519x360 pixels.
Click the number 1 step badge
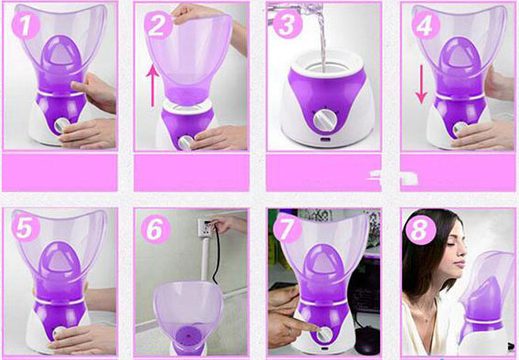(x=26, y=25)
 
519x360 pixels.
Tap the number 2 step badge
(x=159, y=25)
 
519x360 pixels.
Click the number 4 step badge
(x=426, y=25)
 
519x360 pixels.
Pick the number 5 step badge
(x=26, y=228)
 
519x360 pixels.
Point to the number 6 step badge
(x=156, y=229)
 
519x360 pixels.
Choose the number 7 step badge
(x=287, y=228)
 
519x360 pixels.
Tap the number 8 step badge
(x=421, y=230)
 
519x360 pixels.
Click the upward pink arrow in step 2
(x=153, y=85)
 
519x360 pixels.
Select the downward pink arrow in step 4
(x=421, y=84)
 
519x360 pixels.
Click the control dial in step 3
(x=325, y=120)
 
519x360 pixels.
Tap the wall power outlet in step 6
(x=206, y=228)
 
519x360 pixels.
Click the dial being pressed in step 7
(x=324, y=334)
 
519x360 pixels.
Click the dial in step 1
(x=62, y=125)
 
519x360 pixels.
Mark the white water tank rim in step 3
(x=328, y=64)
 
